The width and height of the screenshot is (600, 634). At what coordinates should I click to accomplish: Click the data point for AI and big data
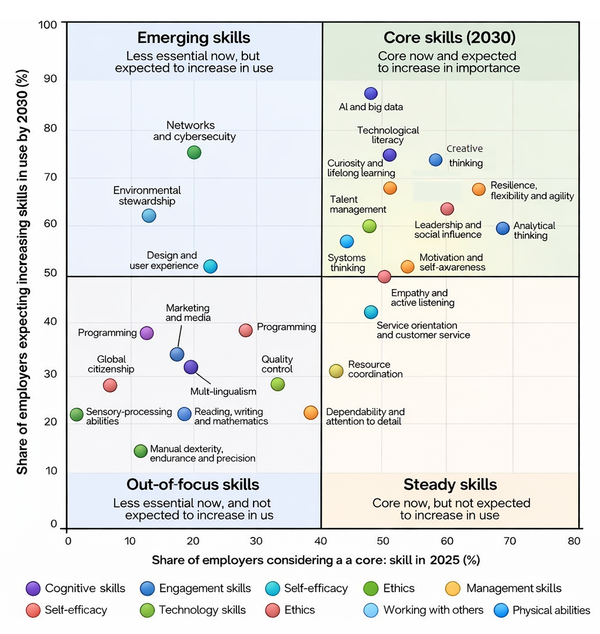(x=371, y=93)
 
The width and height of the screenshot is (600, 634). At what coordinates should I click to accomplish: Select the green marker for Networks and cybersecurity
(x=194, y=152)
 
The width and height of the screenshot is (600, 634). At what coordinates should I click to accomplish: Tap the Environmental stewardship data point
(x=149, y=215)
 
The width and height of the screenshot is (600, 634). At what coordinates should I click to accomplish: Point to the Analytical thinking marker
(x=503, y=228)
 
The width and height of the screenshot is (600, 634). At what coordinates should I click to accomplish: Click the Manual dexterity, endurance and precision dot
(x=140, y=451)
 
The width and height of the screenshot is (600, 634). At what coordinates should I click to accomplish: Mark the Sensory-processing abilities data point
(x=76, y=414)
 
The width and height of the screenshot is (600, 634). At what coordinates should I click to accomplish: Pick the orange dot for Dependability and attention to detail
(x=311, y=413)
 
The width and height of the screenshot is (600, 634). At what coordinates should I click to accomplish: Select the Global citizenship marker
(x=110, y=386)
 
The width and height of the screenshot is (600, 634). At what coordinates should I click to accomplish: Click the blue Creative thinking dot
(x=435, y=160)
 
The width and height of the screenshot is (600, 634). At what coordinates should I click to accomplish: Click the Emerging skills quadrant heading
(x=194, y=38)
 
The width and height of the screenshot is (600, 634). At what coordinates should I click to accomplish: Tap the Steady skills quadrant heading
(x=450, y=484)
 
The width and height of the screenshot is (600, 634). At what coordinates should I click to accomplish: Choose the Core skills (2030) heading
(x=449, y=38)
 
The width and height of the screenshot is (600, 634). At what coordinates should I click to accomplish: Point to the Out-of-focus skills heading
(x=193, y=484)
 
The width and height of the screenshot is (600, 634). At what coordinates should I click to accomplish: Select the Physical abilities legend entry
(x=551, y=610)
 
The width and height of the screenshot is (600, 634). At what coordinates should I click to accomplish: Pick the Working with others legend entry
(x=433, y=610)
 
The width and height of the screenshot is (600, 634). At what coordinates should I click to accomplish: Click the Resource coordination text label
(x=375, y=369)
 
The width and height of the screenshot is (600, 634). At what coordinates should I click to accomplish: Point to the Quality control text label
(x=277, y=364)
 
